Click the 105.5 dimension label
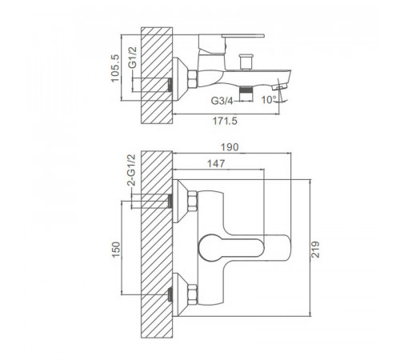tap(115, 68)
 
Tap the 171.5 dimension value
tap(225, 121)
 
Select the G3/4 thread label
tap(222, 101)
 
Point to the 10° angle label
tap(269, 100)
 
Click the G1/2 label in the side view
tap(133, 58)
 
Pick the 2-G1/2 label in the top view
tap(131, 170)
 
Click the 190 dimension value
tap(230, 147)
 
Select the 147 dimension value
tap(216, 163)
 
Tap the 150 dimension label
tap(116, 250)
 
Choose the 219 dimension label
tap(315, 250)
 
